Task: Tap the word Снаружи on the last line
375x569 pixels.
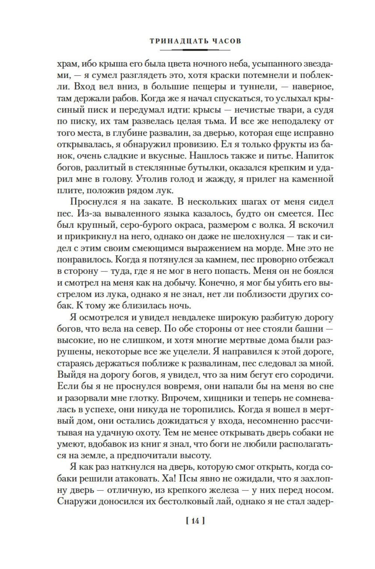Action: click(x=76, y=501)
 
